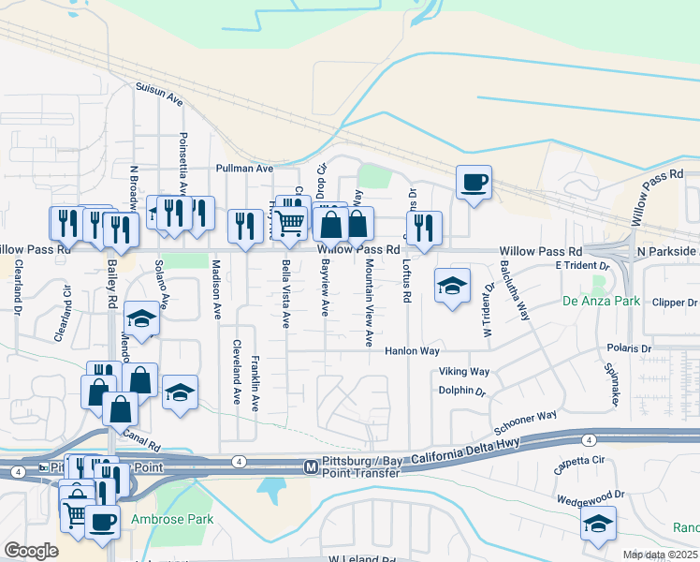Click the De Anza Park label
601,302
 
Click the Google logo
30,551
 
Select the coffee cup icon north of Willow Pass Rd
474,181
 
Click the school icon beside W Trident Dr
452,286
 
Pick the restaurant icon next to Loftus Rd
425,226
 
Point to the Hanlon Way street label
413,351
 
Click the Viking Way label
464,372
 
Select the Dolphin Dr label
463,392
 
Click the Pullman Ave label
243,169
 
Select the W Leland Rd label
356,558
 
